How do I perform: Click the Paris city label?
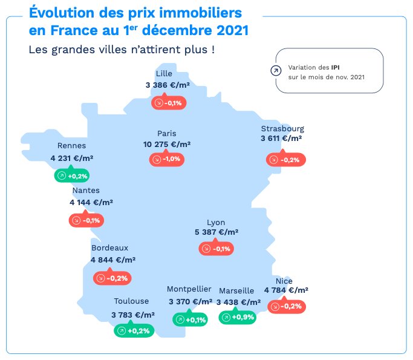tap(166, 133)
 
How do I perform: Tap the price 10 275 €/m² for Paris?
tap(167, 145)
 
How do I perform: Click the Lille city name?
tap(164, 74)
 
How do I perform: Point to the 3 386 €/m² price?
tap(167, 85)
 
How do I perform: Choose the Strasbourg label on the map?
tap(282, 128)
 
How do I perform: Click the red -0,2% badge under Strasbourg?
tap(286, 160)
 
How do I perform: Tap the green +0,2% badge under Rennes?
tap(71, 176)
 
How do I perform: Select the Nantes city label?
tap(86, 191)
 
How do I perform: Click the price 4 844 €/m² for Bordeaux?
tap(113, 260)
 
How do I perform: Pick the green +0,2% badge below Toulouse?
tap(132, 330)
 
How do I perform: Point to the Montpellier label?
tap(189, 289)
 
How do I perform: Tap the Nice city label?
tap(284, 281)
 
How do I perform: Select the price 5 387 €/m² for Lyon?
tap(216, 232)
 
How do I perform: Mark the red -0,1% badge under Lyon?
tap(216, 249)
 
